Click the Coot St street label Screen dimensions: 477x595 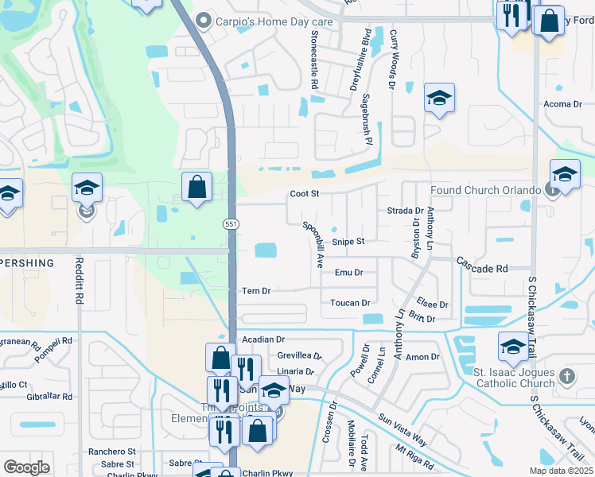(304, 193)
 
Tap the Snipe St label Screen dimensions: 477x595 (348, 242)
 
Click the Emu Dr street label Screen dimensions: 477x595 (348, 273)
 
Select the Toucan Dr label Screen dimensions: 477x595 (350, 303)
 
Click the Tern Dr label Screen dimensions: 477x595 (256, 291)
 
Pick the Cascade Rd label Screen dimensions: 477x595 (481, 270)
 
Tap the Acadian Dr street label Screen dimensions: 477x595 (263, 339)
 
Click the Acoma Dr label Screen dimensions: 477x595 (562, 104)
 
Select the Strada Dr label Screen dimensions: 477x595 (405, 211)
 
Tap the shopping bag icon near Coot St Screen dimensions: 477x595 (197, 188)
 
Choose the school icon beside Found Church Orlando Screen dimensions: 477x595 (565, 175)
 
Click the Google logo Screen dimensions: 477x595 (26, 467)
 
